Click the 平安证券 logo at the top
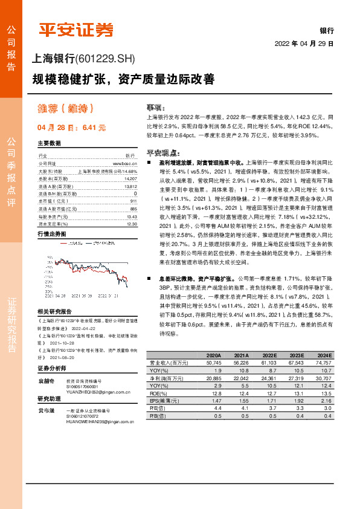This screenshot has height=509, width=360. point(76,30)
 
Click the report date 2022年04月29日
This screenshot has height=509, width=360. point(304,44)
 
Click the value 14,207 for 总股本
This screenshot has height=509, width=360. point(130,180)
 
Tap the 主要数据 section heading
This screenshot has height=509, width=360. point(49,143)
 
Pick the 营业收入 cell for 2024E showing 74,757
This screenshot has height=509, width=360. point(323,361)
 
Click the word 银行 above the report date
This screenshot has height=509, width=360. point(327,30)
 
